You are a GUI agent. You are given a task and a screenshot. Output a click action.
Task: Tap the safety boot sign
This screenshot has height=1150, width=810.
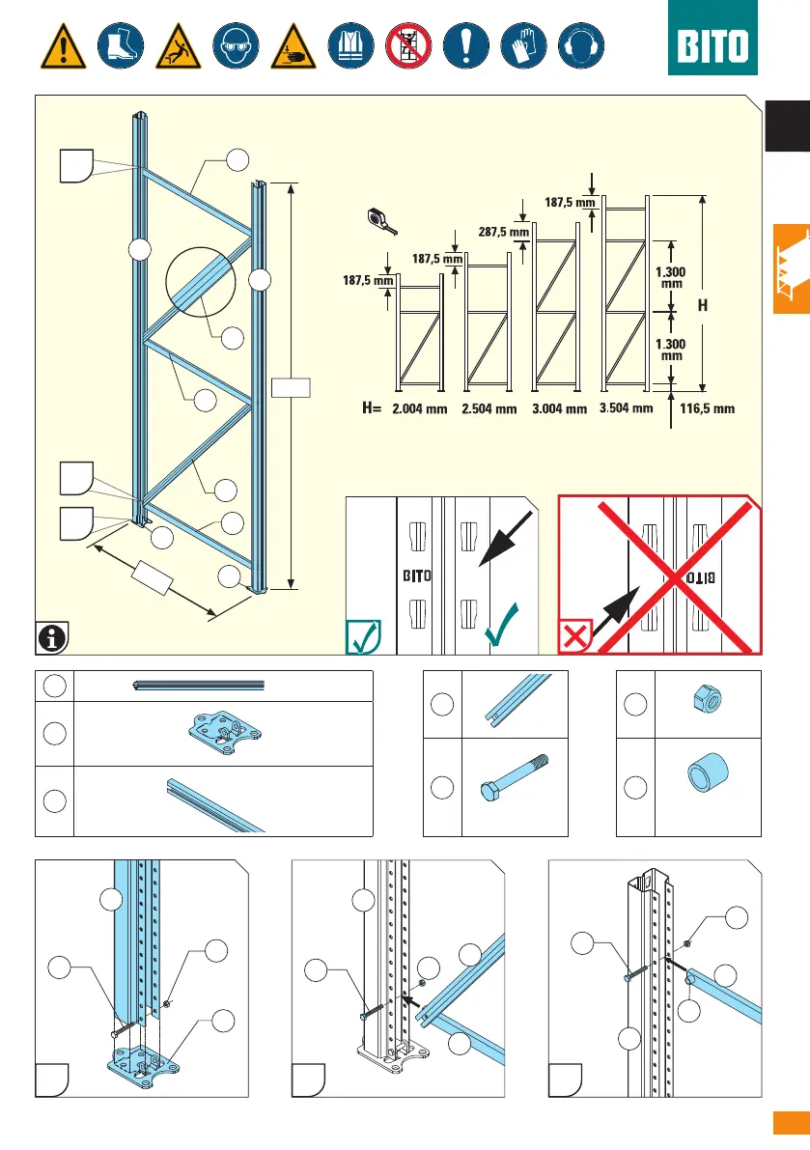pyautogui.click(x=121, y=44)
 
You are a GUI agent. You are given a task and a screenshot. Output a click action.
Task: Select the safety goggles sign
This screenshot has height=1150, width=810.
pyautogui.click(x=237, y=44)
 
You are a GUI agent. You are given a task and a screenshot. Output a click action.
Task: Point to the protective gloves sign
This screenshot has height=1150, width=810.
pyautogui.click(x=521, y=44)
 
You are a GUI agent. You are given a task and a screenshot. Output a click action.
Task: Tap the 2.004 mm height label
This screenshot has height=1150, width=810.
pyautogui.click(x=420, y=408)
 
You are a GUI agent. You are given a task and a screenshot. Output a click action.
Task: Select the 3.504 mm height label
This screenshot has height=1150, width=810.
pyautogui.click(x=626, y=407)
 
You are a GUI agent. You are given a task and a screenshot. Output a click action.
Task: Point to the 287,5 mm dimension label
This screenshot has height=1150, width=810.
pyautogui.click(x=504, y=232)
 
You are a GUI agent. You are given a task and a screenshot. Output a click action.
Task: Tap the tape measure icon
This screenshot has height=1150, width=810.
pyautogui.click(x=382, y=218)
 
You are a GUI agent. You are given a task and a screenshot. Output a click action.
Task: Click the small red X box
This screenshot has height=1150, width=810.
pyautogui.click(x=577, y=635)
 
